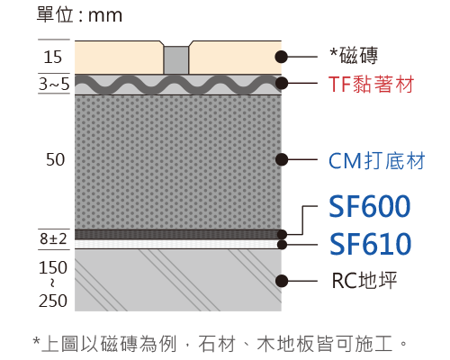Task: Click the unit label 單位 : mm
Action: coord(79,15)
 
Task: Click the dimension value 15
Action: coord(53,57)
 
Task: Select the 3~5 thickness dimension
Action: coord(54,84)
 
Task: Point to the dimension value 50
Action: coord(55,159)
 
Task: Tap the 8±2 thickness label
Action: coord(53,238)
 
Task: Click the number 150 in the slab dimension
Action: coord(53,267)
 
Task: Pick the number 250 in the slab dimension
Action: coord(53,301)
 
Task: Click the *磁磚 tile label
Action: coord(354,56)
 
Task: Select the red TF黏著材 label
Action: coord(372,84)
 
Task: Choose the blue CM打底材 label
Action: coord(377,161)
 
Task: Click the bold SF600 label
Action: coord(370,206)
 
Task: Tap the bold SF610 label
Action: coord(370,244)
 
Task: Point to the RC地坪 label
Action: coord(364,281)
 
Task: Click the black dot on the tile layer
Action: coord(282,57)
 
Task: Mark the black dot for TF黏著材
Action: coord(282,83)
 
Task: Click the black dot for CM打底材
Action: coord(282,159)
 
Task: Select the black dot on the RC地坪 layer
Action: coord(282,281)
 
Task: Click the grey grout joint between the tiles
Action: coord(176,60)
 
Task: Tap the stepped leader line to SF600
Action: coord(302,220)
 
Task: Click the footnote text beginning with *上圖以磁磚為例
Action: coord(220,344)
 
